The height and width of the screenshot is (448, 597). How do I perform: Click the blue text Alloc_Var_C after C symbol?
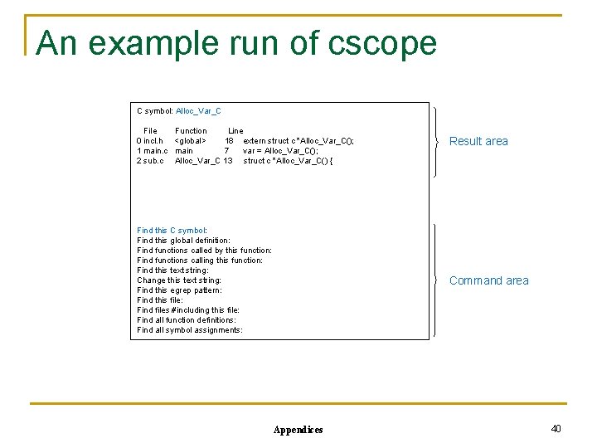click(198, 111)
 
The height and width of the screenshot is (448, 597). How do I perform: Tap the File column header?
click(150, 131)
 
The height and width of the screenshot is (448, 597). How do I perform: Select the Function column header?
click(191, 131)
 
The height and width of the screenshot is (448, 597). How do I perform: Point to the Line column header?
click(235, 131)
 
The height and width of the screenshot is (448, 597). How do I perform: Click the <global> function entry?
click(191, 141)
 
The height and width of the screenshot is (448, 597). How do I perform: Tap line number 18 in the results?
click(228, 141)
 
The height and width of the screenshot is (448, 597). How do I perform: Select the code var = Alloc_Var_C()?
click(280, 151)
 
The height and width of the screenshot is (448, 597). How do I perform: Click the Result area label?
click(478, 142)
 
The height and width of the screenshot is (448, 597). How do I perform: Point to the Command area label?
click(488, 281)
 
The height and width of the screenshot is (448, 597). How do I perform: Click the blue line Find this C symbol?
click(172, 231)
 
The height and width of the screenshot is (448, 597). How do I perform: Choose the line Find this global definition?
click(183, 241)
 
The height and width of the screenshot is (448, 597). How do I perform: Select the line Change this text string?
click(179, 280)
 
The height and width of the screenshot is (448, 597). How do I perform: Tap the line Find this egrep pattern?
click(179, 290)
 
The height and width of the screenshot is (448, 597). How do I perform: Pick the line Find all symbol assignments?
click(190, 330)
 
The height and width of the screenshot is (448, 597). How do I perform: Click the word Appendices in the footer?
click(298, 430)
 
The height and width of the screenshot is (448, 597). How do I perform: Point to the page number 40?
click(556, 428)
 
